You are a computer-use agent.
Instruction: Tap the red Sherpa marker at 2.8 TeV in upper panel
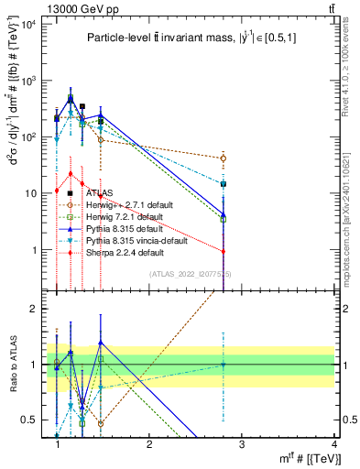pos(224,252)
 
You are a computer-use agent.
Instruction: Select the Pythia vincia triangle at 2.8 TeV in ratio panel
pos(224,365)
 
